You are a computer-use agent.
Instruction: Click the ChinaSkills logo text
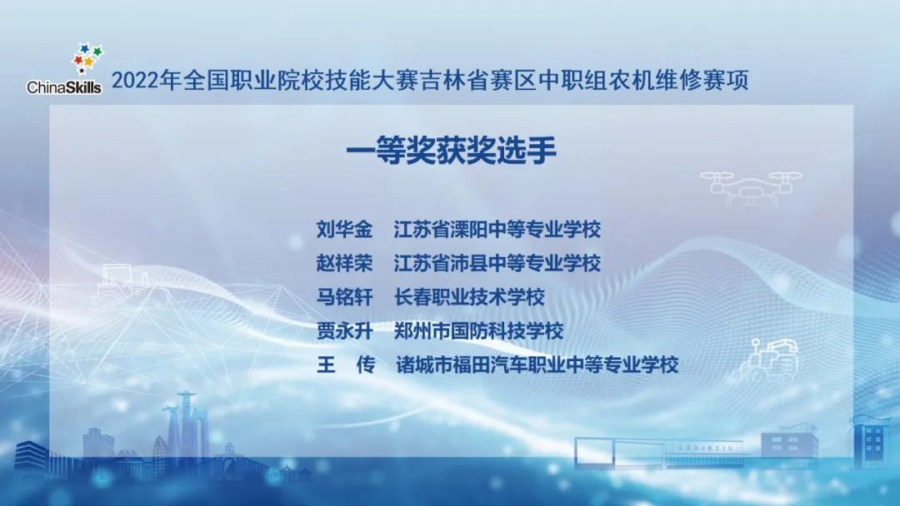tap(64, 87)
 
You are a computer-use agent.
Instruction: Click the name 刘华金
tap(344, 229)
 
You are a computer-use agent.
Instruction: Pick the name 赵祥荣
tap(344, 263)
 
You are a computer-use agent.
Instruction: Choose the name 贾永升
tap(344, 330)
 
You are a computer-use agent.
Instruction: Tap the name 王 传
tap(344, 365)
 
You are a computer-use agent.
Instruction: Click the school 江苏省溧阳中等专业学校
tap(497, 229)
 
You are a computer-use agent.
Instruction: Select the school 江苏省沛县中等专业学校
tap(497, 263)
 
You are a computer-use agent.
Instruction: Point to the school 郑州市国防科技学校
tap(478, 330)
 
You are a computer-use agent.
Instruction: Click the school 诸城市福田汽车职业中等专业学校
tap(537, 365)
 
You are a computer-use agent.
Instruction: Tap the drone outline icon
tap(750, 186)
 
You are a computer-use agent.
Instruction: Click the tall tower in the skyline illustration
tap(185, 424)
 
